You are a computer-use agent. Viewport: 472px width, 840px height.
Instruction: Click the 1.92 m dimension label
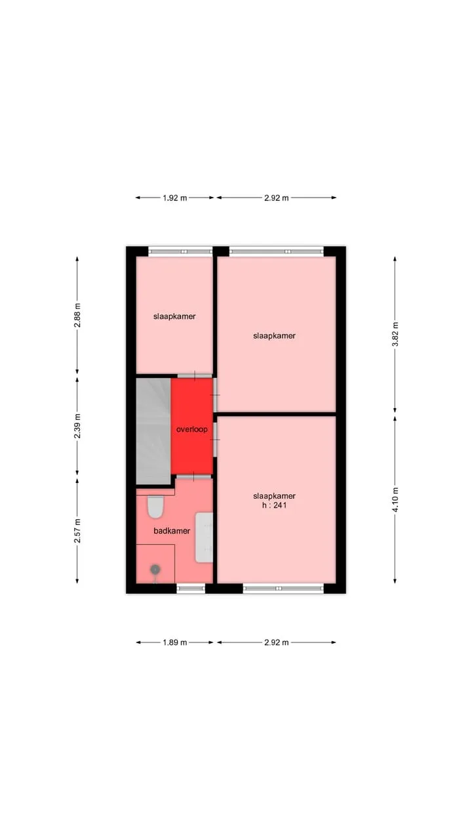[174, 198]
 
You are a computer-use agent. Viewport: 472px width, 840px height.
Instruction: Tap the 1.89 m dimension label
[174, 642]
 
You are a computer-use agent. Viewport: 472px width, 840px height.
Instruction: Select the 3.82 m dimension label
[395, 334]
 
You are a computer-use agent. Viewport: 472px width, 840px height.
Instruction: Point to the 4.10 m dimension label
[395, 499]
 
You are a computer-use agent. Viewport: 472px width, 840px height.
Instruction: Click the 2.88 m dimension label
[77, 316]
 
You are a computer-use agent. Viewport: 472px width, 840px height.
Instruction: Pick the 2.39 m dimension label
[77, 426]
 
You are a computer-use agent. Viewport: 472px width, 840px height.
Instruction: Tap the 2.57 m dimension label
[77, 531]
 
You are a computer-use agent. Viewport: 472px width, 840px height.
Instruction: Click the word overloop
[192, 429]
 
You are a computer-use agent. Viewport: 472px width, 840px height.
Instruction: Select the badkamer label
[172, 531]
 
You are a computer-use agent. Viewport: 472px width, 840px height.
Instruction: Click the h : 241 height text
[274, 505]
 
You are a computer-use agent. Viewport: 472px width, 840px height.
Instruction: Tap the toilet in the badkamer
[155, 507]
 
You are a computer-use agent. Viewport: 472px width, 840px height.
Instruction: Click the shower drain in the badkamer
[155, 570]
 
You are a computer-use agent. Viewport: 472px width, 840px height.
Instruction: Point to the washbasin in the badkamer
[204, 537]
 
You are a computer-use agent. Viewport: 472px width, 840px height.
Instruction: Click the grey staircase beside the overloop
[153, 431]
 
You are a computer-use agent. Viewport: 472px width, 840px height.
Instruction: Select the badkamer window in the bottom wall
[191, 589]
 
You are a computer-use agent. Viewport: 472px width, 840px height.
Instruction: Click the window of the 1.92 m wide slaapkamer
[180, 251]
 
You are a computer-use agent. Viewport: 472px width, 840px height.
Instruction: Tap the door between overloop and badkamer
[193, 476]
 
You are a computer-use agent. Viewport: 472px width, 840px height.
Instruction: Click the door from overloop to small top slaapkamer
[195, 375]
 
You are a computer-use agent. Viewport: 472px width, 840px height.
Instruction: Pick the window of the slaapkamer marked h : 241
[283, 589]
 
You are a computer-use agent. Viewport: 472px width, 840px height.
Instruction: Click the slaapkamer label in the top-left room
[174, 316]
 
